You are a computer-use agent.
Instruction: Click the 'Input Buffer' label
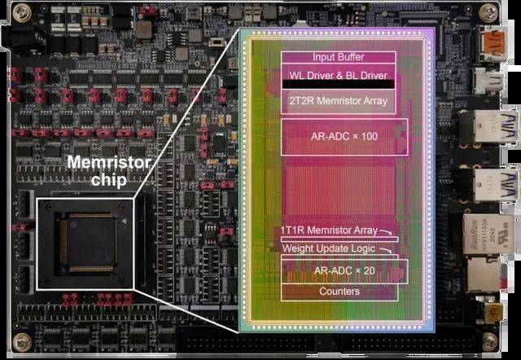(339, 57)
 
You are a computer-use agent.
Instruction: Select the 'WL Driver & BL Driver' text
(339, 75)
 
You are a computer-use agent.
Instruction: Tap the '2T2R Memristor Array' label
(339, 101)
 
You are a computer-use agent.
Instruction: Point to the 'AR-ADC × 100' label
(344, 136)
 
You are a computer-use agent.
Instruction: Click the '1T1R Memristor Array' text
(329, 230)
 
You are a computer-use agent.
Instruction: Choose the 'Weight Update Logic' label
(329, 248)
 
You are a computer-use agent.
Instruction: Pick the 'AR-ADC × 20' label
(344, 270)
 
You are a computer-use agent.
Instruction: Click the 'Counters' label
(339, 292)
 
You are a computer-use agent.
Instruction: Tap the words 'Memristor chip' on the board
(109, 171)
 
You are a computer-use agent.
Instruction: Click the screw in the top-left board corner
(22, 13)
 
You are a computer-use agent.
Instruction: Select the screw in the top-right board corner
(488, 13)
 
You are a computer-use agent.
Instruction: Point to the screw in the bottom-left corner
(22, 342)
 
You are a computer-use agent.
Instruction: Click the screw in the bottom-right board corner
(490, 342)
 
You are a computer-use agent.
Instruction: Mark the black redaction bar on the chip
(339, 84)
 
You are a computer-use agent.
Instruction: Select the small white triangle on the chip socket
(124, 221)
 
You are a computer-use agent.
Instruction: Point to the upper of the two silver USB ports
(489, 126)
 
